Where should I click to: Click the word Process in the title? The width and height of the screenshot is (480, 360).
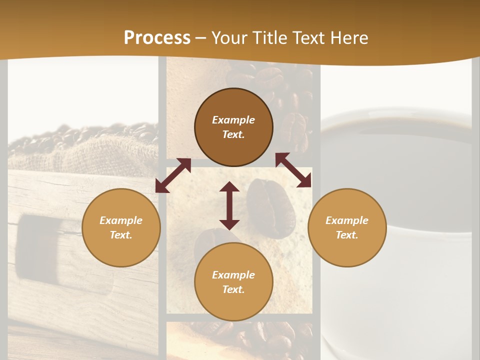point(157,38)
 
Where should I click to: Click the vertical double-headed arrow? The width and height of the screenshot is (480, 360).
point(229,205)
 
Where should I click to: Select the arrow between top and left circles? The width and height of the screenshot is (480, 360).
point(173,175)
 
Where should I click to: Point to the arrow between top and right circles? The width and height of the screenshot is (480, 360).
point(293,170)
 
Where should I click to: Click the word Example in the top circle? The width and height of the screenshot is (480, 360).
point(233,120)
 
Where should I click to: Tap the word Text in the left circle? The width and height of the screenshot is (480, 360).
point(121,235)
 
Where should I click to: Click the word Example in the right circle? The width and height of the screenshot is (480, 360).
point(347,220)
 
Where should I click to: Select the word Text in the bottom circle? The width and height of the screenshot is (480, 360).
point(233,289)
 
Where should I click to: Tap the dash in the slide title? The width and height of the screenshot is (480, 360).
point(201,38)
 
